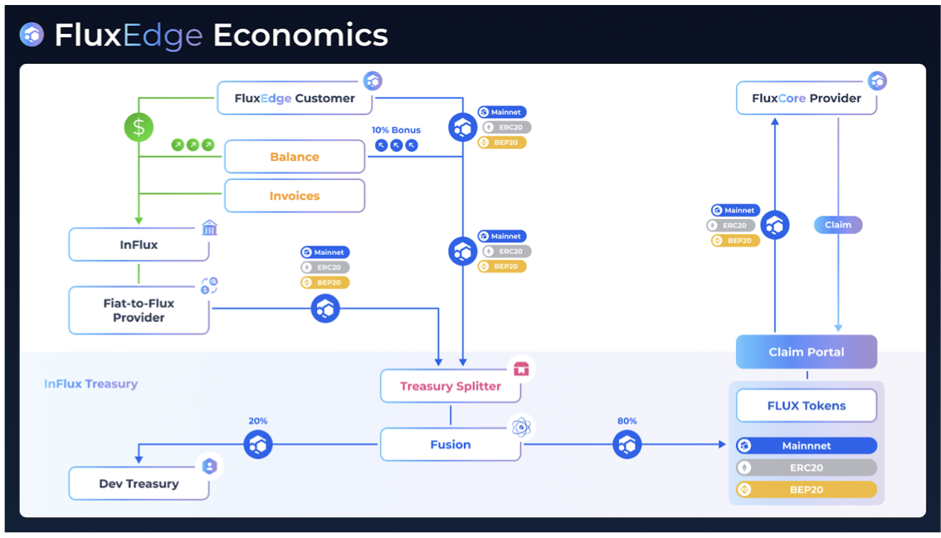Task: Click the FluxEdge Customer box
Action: tap(295, 98)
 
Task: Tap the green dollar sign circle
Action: tap(139, 127)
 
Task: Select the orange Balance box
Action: tap(295, 157)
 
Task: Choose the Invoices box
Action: tap(295, 196)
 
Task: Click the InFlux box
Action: tap(139, 245)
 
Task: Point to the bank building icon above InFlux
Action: tap(209, 227)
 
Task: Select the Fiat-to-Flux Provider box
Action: tap(139, 311)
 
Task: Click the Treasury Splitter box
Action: tap(451, 386)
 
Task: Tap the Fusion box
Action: tap(451, 444)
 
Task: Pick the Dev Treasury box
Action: tap(139, 483)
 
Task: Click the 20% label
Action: tap(258, 421)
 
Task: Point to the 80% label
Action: tap(627, 421)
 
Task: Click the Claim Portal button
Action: tap(806, 352)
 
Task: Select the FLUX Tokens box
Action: tap(806, 406)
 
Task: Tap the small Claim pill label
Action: tap(838, 225)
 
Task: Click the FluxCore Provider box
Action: tap(806, 98)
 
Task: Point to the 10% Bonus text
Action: tap(396, 130)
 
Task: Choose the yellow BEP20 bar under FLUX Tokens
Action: tap(806, 490)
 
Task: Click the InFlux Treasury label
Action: tap(90, 384)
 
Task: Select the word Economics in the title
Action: tap(300, 35)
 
